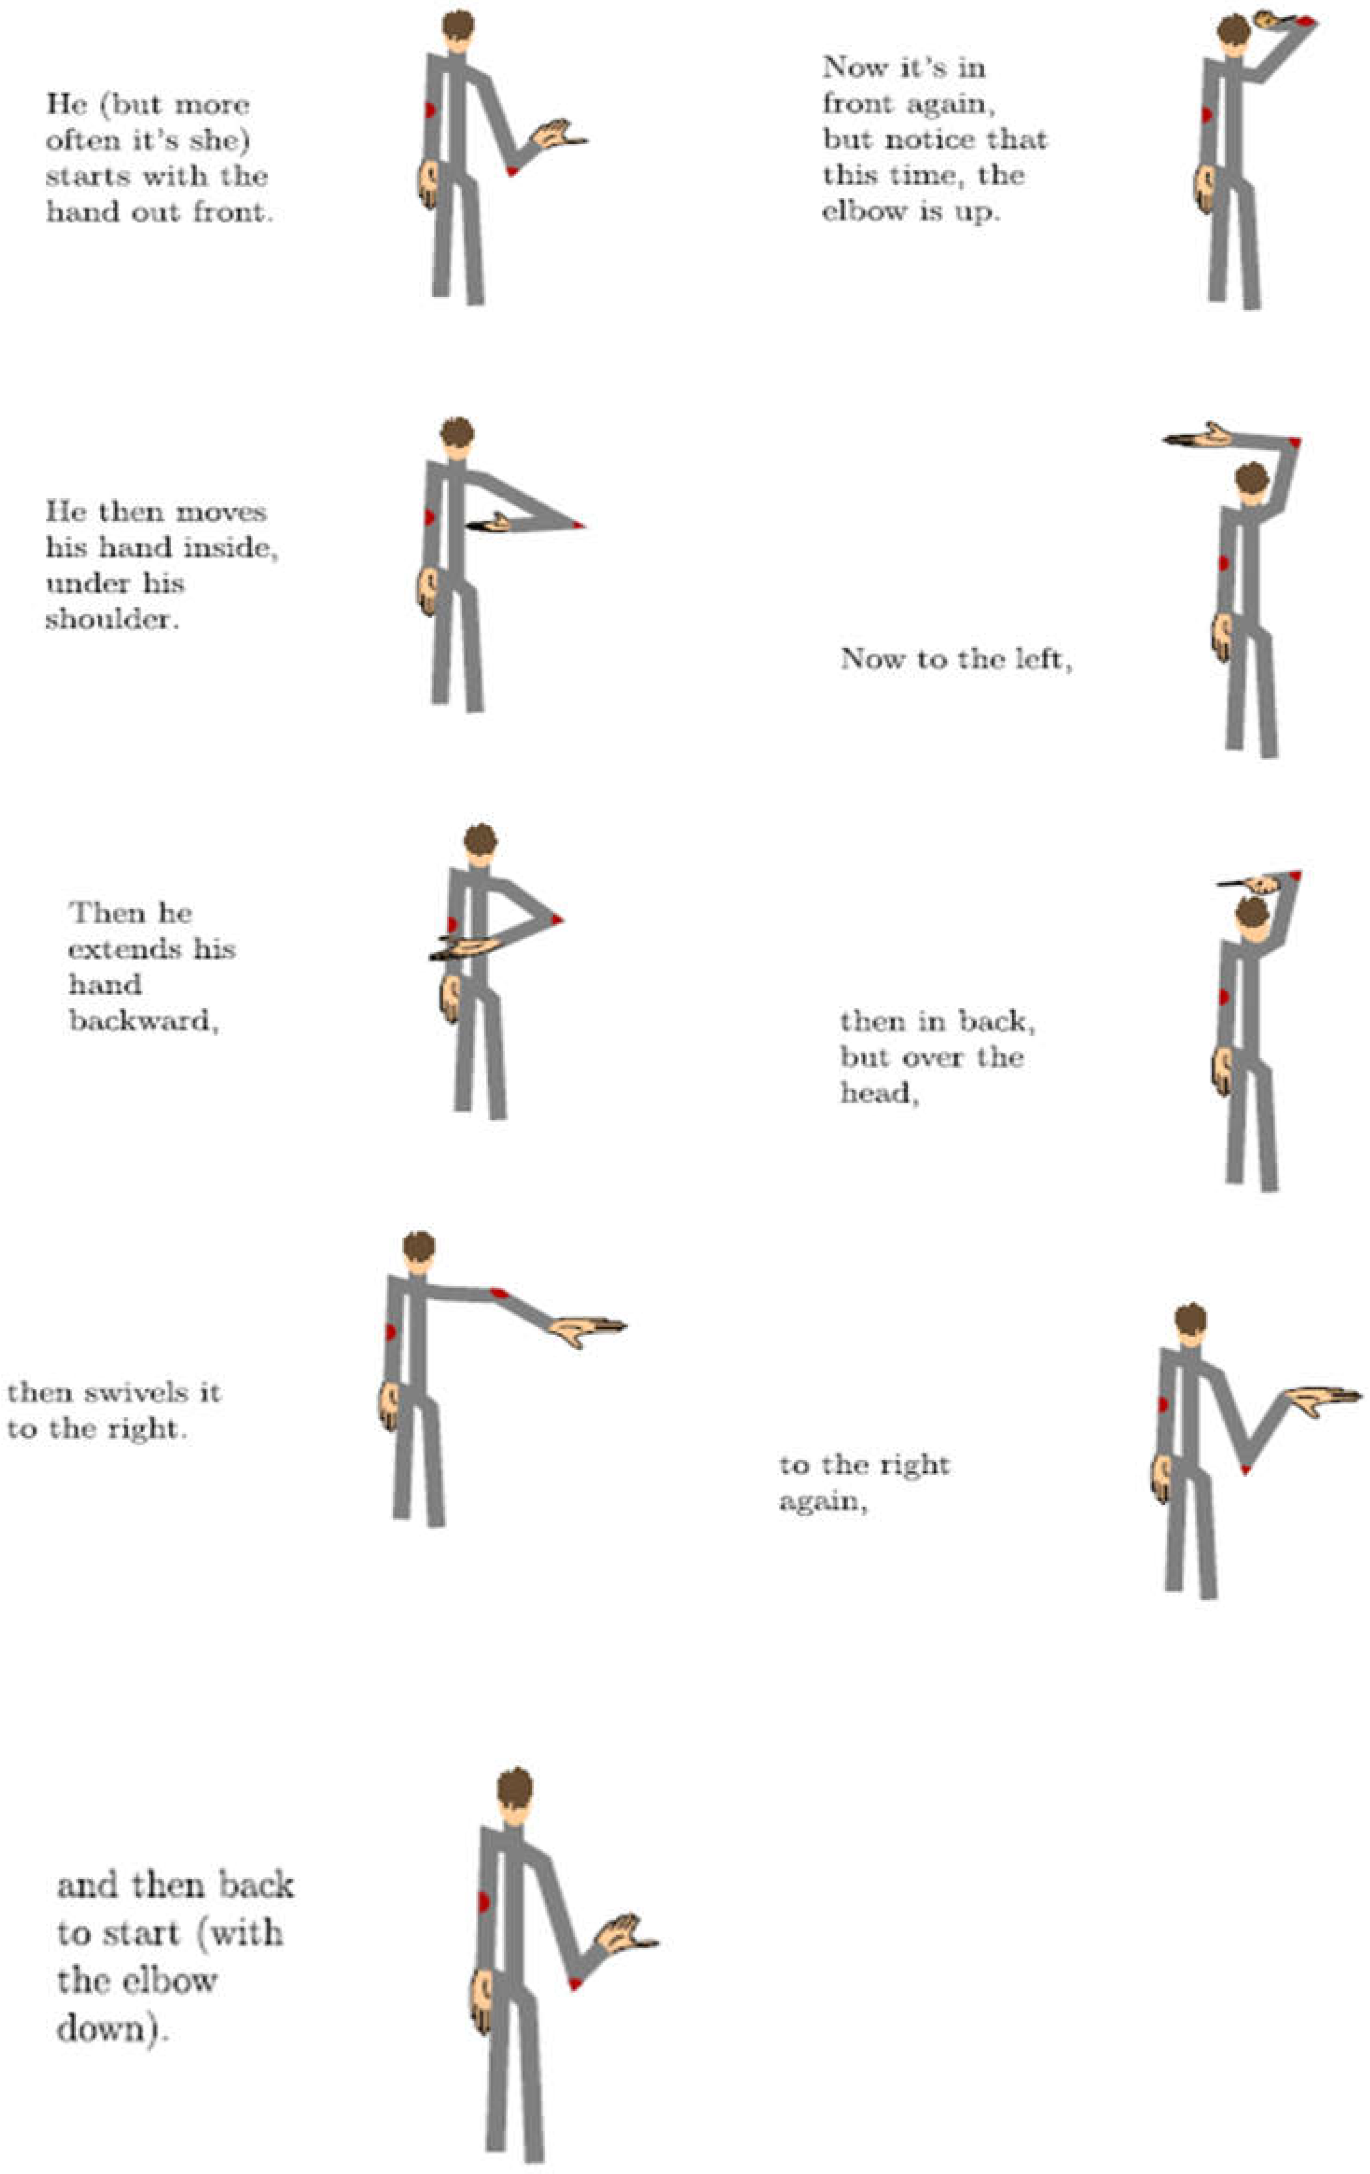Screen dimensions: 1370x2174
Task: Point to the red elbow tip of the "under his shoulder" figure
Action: [577, 524]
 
